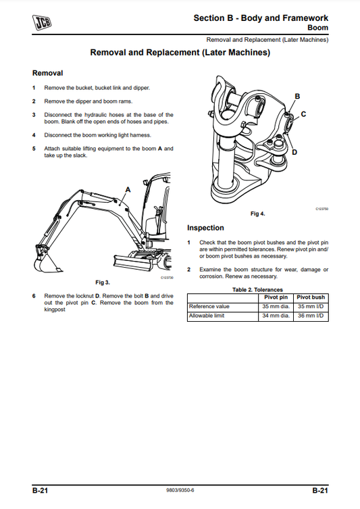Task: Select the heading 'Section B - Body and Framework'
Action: pos(261,18)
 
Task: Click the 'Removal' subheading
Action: pos(47,73)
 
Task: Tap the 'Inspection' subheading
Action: pos(205,228)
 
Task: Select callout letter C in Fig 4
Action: pos(303,114)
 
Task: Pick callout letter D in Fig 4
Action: pos(294,152)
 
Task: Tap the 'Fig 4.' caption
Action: pos(257,214)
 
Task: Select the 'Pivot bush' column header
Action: pos(311,297)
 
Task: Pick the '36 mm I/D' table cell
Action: pos(311,316)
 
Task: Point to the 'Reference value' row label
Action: pos(209,306)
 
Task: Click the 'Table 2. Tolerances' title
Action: pos(257,289)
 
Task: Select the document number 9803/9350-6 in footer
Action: pos(180,491)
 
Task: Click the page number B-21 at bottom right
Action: pos(319,490)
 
